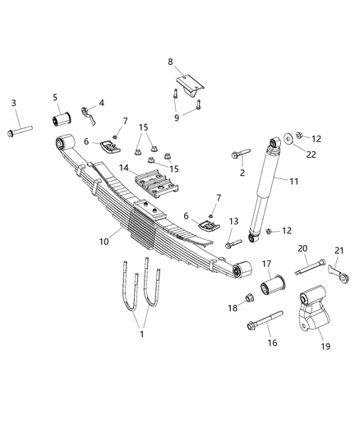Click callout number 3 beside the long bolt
(x=13, y=103)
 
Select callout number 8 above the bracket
(x=170, y=62)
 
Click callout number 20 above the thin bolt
(x=302, y=248)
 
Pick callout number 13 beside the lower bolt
(x=233, y=222)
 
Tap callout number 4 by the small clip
(x=102, y=103)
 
